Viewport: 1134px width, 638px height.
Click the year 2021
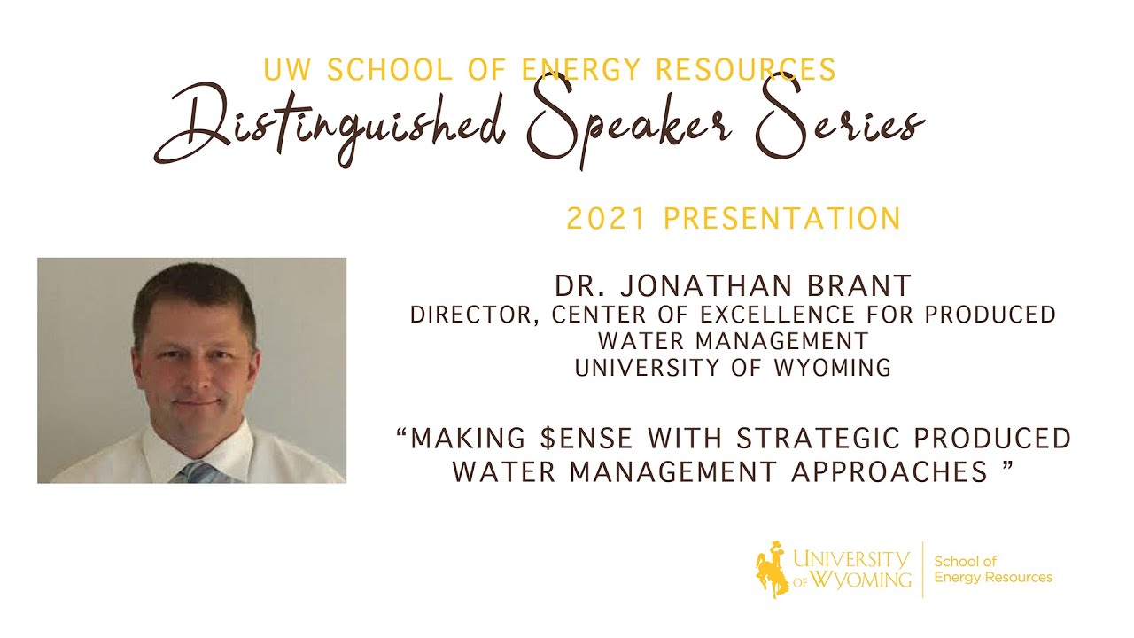coord(600,218)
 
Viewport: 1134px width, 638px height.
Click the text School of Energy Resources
coord(993,569)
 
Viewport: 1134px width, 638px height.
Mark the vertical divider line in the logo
coord(923,569)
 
